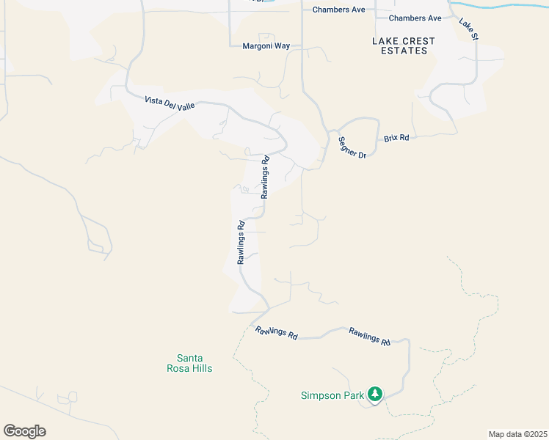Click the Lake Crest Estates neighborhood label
point(404,45)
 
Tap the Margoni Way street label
point(266,46)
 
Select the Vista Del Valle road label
point(170,103)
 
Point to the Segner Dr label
point(352,147)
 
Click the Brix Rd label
point(396,138)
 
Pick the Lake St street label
point(468,29)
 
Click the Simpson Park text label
point(332,395)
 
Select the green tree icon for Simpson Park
point(375,395)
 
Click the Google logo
point(24,431)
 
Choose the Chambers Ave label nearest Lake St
point(415,18)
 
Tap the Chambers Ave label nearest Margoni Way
point(338,10)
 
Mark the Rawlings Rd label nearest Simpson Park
point(369,336)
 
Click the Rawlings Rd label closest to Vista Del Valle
point(265,176)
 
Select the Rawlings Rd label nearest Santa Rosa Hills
point(277,332)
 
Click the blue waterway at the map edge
point(499,6)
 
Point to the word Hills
point(199,368)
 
